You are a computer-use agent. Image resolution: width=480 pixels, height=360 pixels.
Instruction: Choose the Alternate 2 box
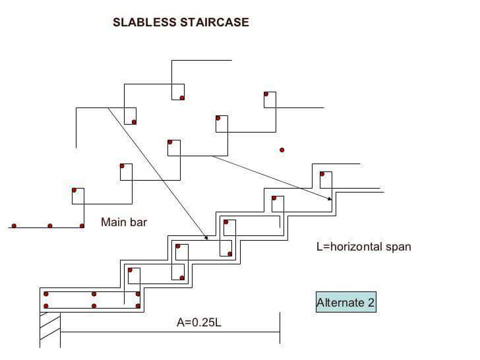coord(346,303)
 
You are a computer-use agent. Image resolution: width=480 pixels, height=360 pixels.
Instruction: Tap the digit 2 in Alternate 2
coord(371,303)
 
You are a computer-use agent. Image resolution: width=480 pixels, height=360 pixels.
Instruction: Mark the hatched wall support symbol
coord(50,326)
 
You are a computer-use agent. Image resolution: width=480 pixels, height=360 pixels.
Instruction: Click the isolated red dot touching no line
coord(282,150)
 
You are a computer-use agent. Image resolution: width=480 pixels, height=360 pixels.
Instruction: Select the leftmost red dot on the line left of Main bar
coord(14,226)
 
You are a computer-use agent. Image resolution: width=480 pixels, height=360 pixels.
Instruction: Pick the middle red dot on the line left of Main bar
coord(50,226)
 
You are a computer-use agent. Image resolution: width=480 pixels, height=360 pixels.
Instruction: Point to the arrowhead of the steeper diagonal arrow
coord(206,238)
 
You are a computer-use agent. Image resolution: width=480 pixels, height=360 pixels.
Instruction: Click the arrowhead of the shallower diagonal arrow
coord(329,198)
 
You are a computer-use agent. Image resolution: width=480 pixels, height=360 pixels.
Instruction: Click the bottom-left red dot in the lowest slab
coord(45,306)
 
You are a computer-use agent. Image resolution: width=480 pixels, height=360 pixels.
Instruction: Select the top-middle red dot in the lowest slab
coord(94,294)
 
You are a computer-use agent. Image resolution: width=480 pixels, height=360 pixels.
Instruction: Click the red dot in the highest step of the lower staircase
coord(322,175)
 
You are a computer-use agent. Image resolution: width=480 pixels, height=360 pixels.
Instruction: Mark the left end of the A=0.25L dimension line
coord(61,332)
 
